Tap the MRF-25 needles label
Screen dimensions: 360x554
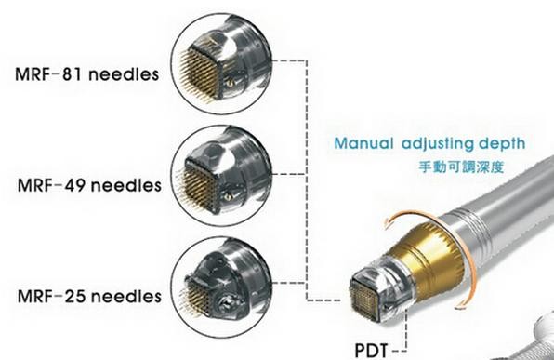click(x=81, y=296)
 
